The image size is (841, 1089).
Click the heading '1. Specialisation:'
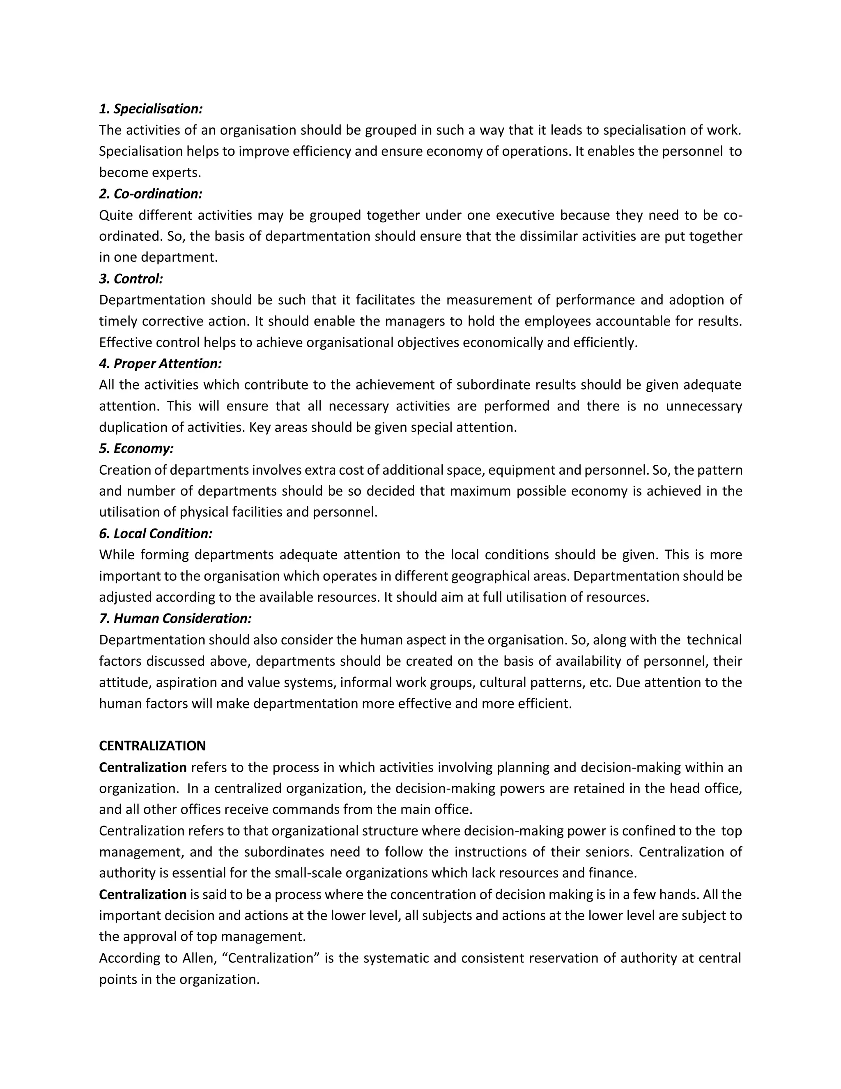pos(150,109)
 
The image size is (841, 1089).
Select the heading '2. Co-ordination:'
pos(150,194)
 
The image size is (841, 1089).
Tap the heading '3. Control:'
pos(131,279)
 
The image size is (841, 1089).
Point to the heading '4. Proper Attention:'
pos(160,364)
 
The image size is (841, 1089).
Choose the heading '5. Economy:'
pos(136,449)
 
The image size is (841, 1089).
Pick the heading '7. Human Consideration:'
pos(175,619)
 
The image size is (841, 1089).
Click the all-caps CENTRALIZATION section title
pos(152,746)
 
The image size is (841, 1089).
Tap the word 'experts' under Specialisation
pos(176,173)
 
